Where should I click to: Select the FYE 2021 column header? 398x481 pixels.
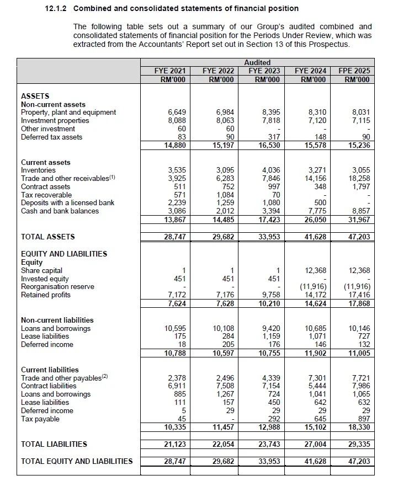[170, 71]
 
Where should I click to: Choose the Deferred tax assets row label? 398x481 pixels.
[51, 137]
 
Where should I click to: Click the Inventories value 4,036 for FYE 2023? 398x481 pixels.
[270, 170]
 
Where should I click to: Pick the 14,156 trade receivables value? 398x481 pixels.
[317, 179]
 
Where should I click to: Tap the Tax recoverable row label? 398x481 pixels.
[46, 195]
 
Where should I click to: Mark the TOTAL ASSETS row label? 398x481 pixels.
[47, 237]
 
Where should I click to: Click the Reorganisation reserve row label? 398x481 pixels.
[57, 287]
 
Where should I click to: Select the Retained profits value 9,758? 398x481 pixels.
[270, 295]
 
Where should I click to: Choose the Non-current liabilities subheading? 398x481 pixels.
[57, 320]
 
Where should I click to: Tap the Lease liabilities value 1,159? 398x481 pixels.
[270, 336]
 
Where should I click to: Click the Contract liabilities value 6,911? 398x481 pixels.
[176, 386]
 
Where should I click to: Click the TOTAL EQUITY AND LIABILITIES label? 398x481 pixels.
[77, 461]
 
